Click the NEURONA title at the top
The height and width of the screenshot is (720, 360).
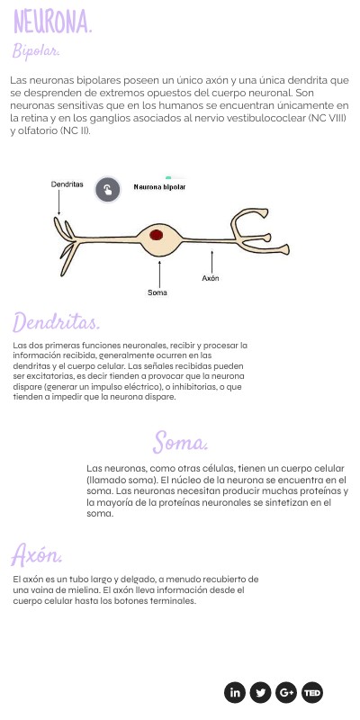53,22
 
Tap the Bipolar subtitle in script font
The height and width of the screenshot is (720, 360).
36,51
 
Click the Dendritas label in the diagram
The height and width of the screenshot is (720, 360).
67,184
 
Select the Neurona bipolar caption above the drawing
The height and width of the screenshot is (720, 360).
159,187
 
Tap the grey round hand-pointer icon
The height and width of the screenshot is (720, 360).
107,190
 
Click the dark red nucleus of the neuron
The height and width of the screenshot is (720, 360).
156,235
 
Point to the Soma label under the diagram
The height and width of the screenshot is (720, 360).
157,292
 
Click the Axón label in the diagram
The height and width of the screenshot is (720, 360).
211,278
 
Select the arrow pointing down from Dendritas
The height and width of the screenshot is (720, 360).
58,202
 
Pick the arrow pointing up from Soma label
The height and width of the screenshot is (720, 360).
159,274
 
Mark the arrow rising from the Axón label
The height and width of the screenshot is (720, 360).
211,262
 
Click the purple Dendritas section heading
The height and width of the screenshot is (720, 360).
56,322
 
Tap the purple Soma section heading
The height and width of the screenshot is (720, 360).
180,442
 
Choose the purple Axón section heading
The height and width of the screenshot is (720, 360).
36,555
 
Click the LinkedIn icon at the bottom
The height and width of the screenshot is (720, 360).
235,692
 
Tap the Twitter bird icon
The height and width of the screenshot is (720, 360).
260,692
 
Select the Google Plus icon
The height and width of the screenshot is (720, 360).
286,692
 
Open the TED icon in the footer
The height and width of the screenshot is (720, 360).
312,692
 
